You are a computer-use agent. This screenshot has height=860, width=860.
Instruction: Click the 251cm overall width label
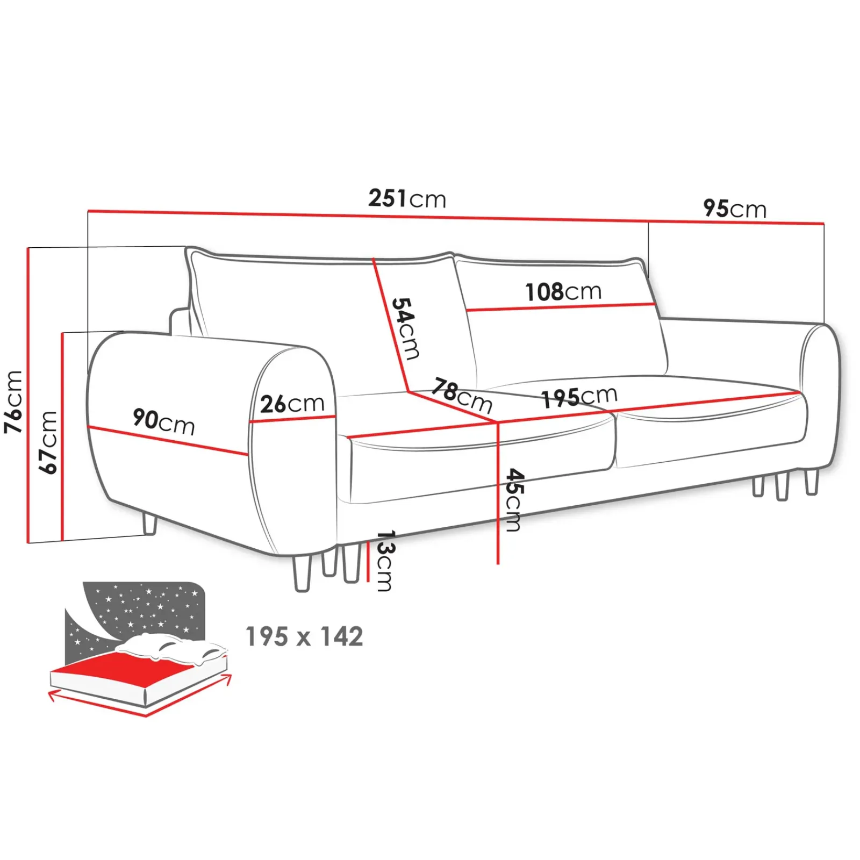(407, 199)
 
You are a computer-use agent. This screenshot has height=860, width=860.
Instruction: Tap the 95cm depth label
(734, 209)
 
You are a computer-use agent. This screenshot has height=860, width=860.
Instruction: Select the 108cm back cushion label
(563, 292)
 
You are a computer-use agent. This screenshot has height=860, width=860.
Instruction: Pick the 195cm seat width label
(579, 397)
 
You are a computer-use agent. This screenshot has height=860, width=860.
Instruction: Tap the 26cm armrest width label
(292, 404)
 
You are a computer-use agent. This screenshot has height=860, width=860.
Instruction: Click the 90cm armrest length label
(163, 421)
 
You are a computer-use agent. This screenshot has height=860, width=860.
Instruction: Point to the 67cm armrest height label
(48, 442)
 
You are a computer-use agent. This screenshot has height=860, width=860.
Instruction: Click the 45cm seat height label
(514, 500)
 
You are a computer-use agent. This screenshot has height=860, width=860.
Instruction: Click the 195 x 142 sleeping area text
(304, 637)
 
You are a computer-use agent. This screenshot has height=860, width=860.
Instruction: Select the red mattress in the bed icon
(113, 669)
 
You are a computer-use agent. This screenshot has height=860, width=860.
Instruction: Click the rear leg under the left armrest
(149, 524)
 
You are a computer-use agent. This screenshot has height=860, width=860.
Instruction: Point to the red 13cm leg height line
(368, 562)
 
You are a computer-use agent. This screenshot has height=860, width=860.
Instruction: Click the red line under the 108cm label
(559, 307)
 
